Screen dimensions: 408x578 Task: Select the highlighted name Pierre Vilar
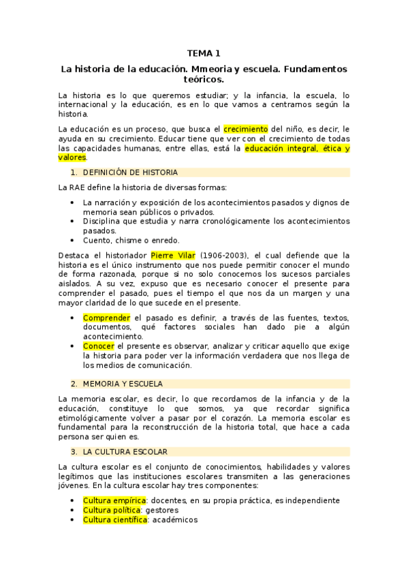(173, 256)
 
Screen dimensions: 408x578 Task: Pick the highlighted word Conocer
(99, 346)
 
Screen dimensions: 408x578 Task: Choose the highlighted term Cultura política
(112, 510)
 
